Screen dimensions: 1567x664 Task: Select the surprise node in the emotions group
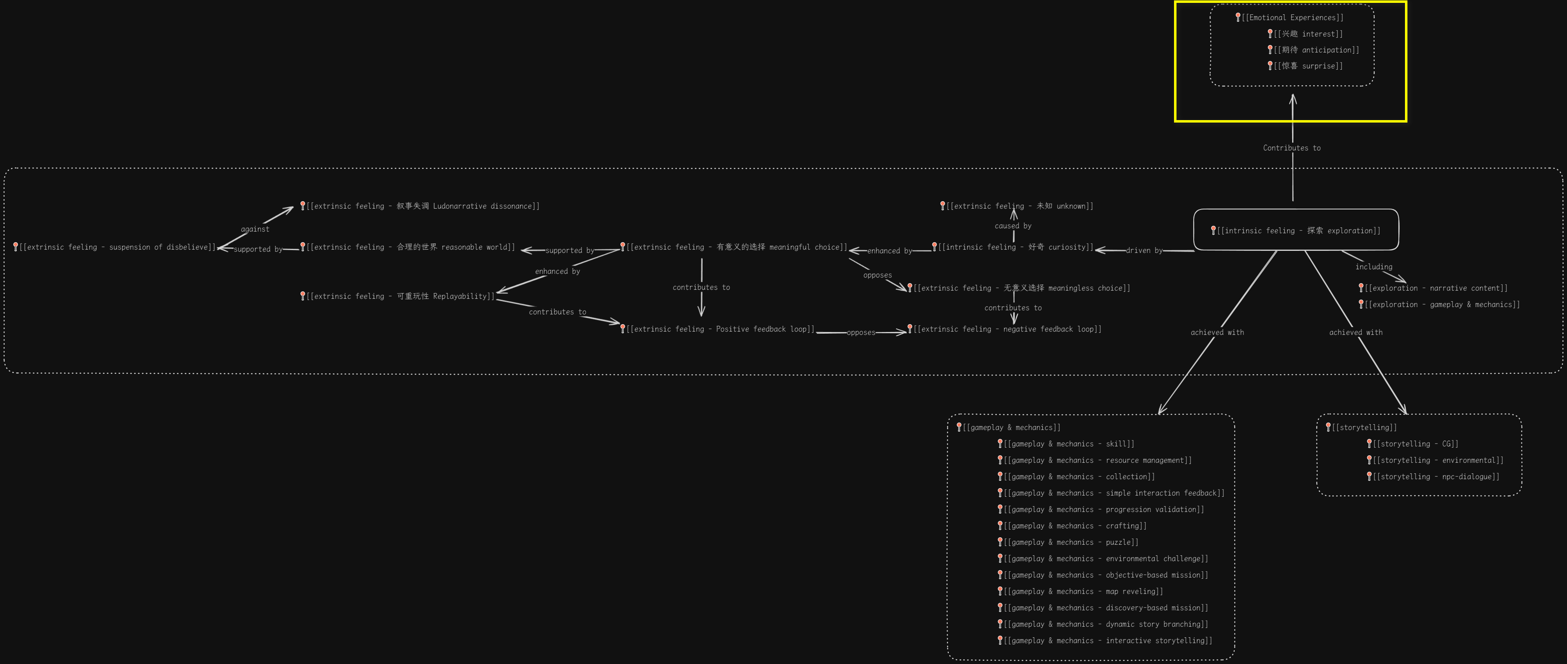[x=1308, y=66]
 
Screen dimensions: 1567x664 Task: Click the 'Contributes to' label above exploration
[x=1291, y=148]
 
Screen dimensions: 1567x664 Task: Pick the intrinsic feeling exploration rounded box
[x=1296, y=230]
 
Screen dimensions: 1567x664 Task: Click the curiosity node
[x=1015, y=247]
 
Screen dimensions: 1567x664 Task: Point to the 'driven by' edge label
[x=1144, y=250]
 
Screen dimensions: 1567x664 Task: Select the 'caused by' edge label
[x=1013, y=225]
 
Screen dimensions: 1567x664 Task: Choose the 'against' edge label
[x=255, y=229]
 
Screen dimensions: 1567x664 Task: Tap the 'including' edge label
[x=1373, y=266]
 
